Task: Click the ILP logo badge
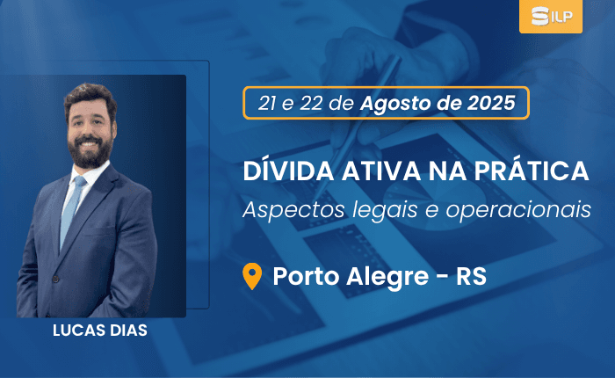pyautogui.click(x=551, y=17)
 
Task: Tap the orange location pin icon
pyautogui.click(x=252, y=276)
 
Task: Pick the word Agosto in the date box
pyautogui.click(x=395, y=104)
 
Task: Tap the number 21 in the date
pyautogui.click(x=267, y=103)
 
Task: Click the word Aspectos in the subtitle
pyautogui.click(x=293, y=210)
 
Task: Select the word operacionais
pyautogui.click(x=518, y=210)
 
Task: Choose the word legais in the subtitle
pyautogui.click(x=385, y=210)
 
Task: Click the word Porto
pyautogui.click(x=306, y=276)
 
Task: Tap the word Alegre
pyautogui.click(x=387, y=277)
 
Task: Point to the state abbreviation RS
pyautogui.click(x=471, y=276)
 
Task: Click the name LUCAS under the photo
pyautogui.click(x=78, y=331)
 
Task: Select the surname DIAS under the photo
pyautogui.click(x=128, y=331)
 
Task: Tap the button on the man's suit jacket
pyautogui.click(x=55, y=279)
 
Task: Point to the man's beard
pyautogui.click(x=90, y=151)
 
